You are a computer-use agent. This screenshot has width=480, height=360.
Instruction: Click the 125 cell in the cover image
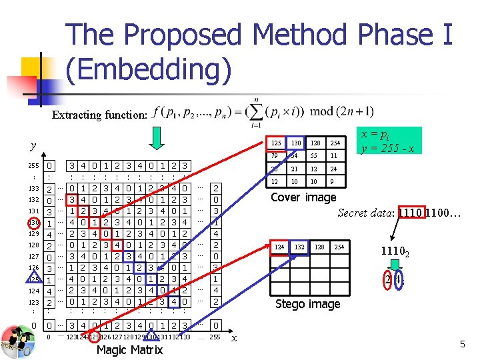point(275,143)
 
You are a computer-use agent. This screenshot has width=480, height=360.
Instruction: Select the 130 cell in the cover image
point(296,143)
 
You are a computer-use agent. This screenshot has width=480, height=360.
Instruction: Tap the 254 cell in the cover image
point(337,143)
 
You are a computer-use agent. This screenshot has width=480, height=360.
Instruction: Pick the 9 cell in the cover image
point(337,181)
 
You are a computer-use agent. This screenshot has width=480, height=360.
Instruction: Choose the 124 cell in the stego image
point(280,247)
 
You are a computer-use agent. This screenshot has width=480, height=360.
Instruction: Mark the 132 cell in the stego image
point(300,247)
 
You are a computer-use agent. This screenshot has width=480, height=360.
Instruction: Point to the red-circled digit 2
point(388,280)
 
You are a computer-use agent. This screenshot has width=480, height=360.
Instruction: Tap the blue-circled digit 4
point(398,280)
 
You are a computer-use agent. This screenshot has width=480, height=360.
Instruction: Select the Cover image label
point(303,197)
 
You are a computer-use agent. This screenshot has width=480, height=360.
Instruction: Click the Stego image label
point(307,304)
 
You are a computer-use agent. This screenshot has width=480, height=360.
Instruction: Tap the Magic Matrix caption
point(129,350)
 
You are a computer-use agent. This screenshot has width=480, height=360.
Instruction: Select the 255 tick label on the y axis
point(33,165)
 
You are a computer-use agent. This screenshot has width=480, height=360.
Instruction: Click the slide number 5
point(462,344)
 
